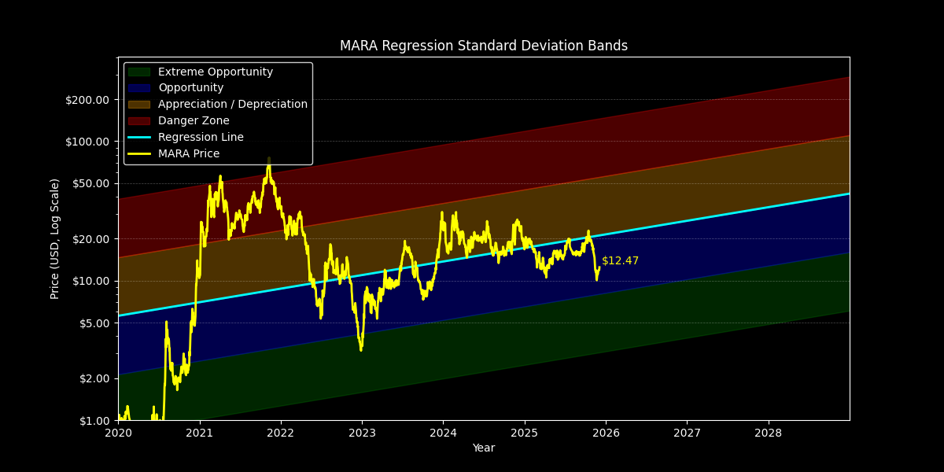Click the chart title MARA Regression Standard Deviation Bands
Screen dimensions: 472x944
[483, 46]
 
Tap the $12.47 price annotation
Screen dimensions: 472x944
[620, 260]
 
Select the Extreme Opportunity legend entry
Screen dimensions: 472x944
[216, 72]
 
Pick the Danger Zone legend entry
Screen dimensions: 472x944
[194, 120]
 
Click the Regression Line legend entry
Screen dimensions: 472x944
[201, 137]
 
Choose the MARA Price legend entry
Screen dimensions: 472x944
[189, 153]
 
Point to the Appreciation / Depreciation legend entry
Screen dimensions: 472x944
[232, 104]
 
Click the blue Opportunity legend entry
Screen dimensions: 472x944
[190, 88]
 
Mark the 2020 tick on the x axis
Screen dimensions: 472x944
[118, 433]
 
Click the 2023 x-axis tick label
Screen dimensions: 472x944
[362, 433]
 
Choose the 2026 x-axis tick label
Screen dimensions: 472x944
[606, 433]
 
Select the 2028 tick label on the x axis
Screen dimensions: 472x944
[769, 433]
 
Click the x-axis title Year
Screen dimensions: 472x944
[483, 448]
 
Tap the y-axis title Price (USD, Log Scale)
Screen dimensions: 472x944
[55, 238]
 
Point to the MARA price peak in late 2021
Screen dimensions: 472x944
[268, 160]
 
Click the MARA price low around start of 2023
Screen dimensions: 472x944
[360, 349]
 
